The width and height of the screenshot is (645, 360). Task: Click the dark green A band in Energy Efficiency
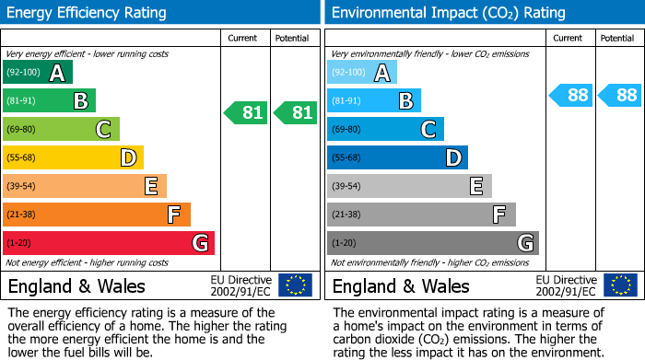pyautogui.click(x=38, y=73)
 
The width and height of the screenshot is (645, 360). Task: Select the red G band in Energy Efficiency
pyautogui.click(x=108, y=243)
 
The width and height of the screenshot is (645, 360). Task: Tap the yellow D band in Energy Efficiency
pyautogui.click(x=73, y=157)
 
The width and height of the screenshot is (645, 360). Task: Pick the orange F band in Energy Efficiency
pyautogui.click(x=96, y=215)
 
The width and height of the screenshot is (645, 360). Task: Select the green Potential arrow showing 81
pyautogui.click(x=295, y=113)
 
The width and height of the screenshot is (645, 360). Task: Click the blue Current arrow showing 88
pyautogui.click(x=571, y=95)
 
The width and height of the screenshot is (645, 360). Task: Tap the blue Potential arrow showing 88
pyautogui.click(x=619, y=95)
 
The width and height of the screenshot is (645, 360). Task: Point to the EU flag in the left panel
pyautogui.click(x=295, y=285)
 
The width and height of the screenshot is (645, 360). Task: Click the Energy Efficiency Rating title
pyautogui.click(x=88, y=13)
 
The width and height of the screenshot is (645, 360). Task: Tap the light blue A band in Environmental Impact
pyautogui.click(x=362, y=73)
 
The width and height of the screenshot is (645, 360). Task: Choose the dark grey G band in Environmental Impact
pyautogui.click(x=432, y=243)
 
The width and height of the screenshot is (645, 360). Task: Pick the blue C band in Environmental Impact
pyautogui.click(x=385, y=130)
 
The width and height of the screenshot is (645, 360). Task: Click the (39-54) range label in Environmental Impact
pyautogui.click(x=348, y=187)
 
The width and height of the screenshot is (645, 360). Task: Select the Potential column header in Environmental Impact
pyautogui.click(x=617, y=38)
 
